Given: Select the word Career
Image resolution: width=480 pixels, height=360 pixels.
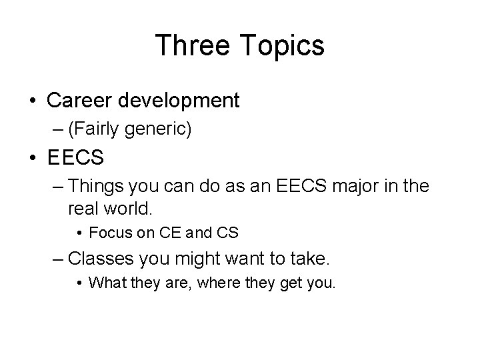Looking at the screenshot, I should pos(81,100).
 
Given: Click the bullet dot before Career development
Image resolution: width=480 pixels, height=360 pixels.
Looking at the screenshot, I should pos(33,101).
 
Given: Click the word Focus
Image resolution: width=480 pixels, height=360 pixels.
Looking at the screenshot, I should pos(107,233).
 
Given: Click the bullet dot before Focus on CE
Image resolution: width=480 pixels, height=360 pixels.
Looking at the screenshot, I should pos(80,234).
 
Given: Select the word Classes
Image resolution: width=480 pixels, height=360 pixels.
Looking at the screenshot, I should pos(101,258).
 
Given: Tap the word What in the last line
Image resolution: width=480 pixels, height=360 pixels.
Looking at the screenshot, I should pos(105,283).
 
